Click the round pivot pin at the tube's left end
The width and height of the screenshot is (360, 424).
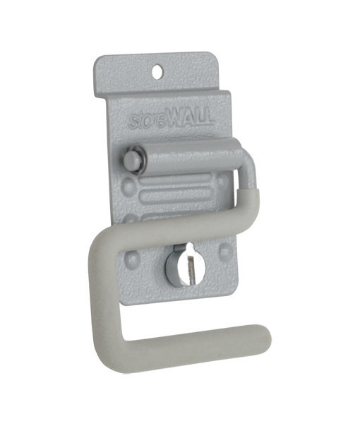[x=129, y=160]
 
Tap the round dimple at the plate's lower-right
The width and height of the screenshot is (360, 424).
[x=224, y=249]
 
